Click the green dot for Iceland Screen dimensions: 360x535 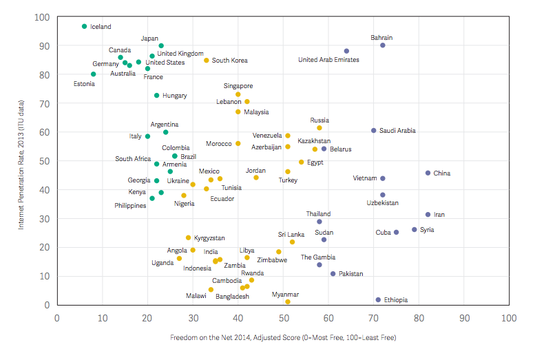pyautogui.click(x=84, y=26)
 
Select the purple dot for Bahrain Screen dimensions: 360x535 pyautogui.click(x=383, y=45)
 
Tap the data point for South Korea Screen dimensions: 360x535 pyautogui.click(x=206, y=61)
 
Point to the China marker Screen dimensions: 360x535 pyautogui.click(x=428, y=173)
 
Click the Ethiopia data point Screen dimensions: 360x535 pyautogui.click(x=378, y=300)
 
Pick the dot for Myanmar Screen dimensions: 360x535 pyautogui.click(x=288, y=302)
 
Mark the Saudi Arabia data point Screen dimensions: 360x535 pyautogui.click(x=374, y=130)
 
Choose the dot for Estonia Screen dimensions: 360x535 pyautogui.click(x=93, y=74)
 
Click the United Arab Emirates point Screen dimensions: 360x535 pyautogui.click(x=346, y=51)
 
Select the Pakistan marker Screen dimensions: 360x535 pyautogui.click(x=333, y=274)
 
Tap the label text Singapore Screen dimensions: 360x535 pyautogui.click(x=238, y=86)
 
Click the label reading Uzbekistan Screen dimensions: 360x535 pyautogui.click(x=382, y=204)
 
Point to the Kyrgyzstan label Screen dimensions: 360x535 pyautogui.click(x=209, y=238)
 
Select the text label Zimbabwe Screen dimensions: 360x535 pyautogui.click(x=272, y=260)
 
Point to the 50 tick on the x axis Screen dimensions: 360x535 pyautogui.click(x=283, y=318)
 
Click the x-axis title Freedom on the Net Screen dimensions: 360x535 pyautogui.click(x=283, y=338)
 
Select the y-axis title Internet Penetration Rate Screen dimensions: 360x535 pyautogui.click(x=21, y=160)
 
